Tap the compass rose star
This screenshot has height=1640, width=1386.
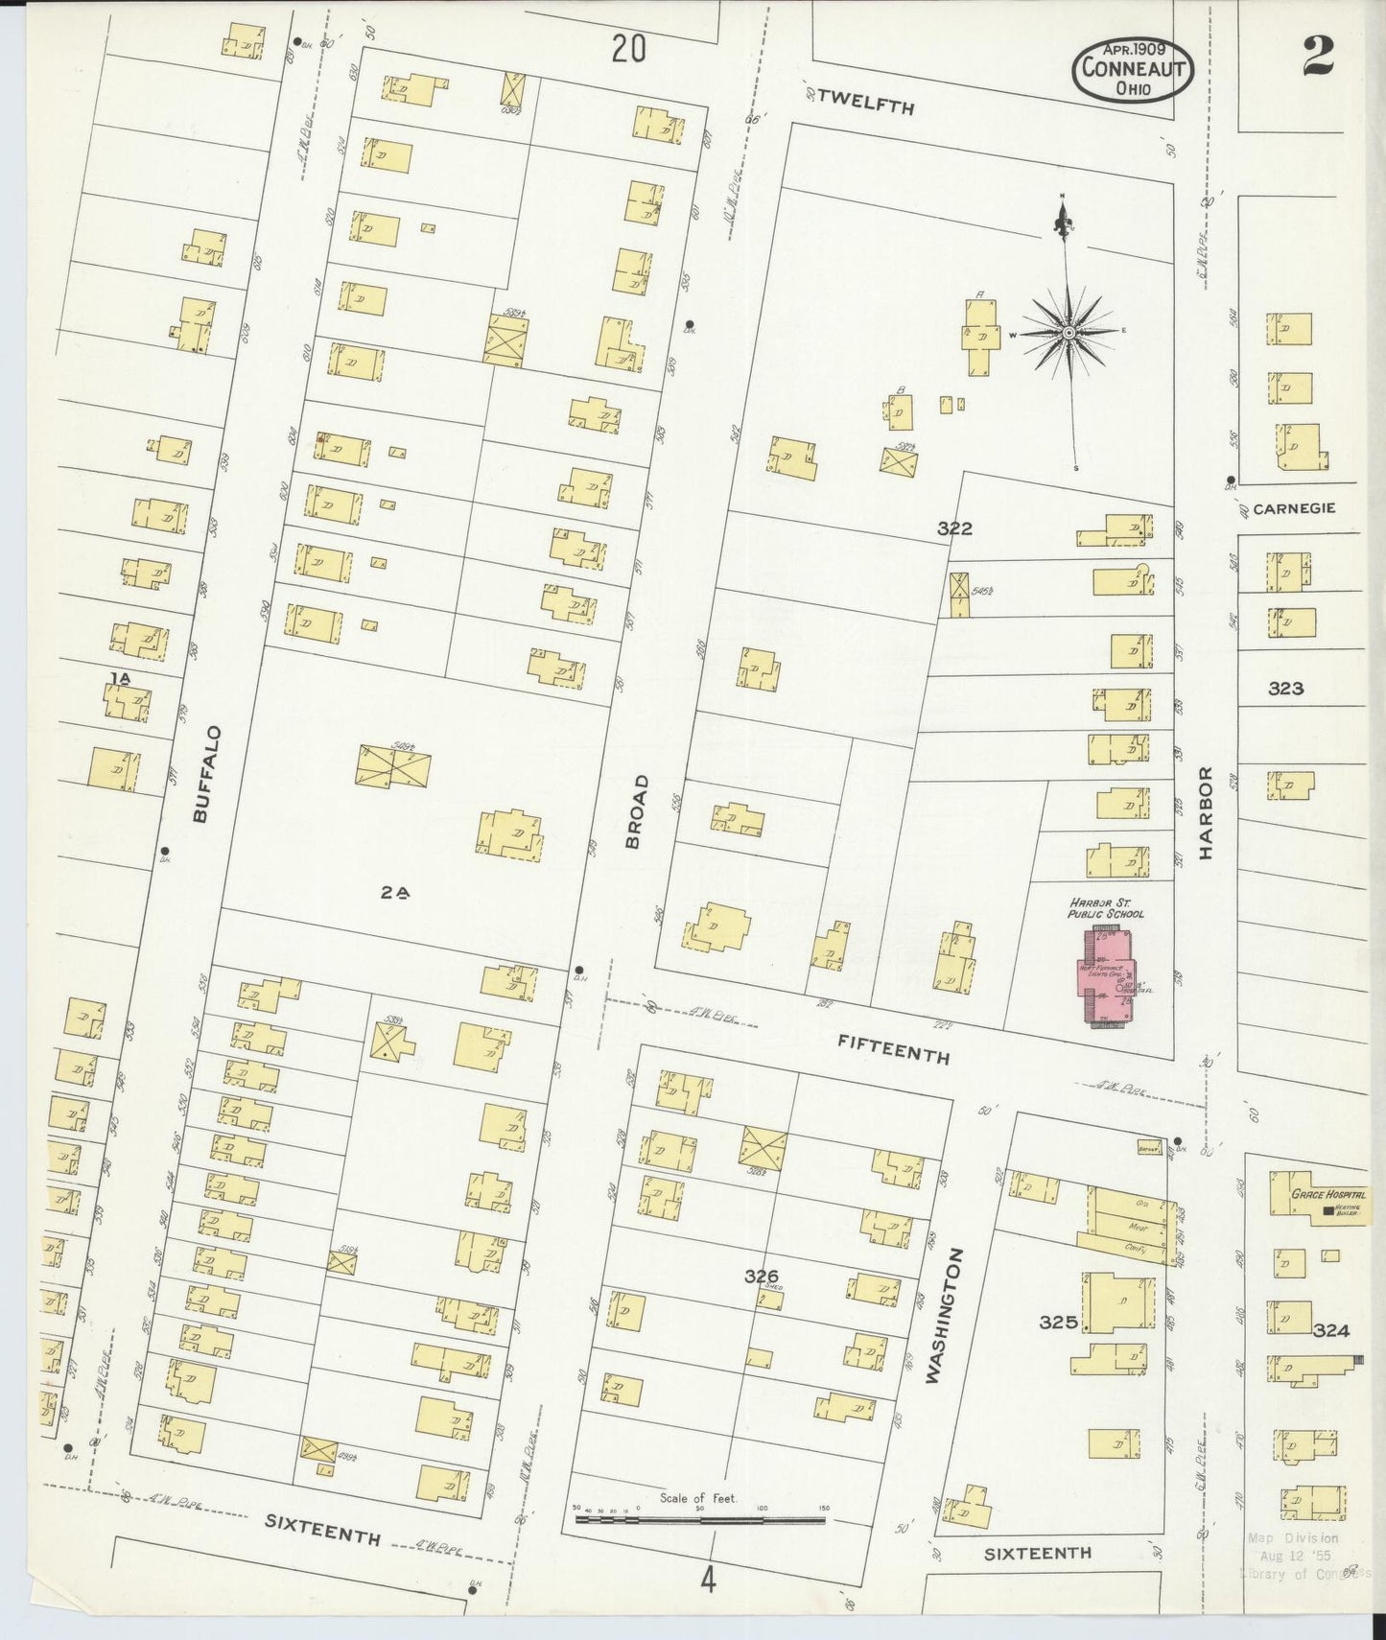[x=1069, y=333]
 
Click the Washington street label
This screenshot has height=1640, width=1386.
[x=944, y=1315]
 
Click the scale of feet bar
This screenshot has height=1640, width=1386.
[x=699, y=1519]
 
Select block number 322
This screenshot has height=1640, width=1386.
[x=954, y=528]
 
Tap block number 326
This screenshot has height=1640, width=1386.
[x=761, y=1276]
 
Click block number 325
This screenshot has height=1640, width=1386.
[x=1058, y=1323]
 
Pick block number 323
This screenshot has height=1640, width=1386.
[x=1285, y=688]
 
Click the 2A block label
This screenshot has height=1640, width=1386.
[x=395, y=892]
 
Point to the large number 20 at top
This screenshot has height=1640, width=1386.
[x=628, y=48]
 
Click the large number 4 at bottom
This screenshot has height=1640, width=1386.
[x=707, y=1580]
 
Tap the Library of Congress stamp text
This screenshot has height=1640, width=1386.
[x=1304, y=1573]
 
